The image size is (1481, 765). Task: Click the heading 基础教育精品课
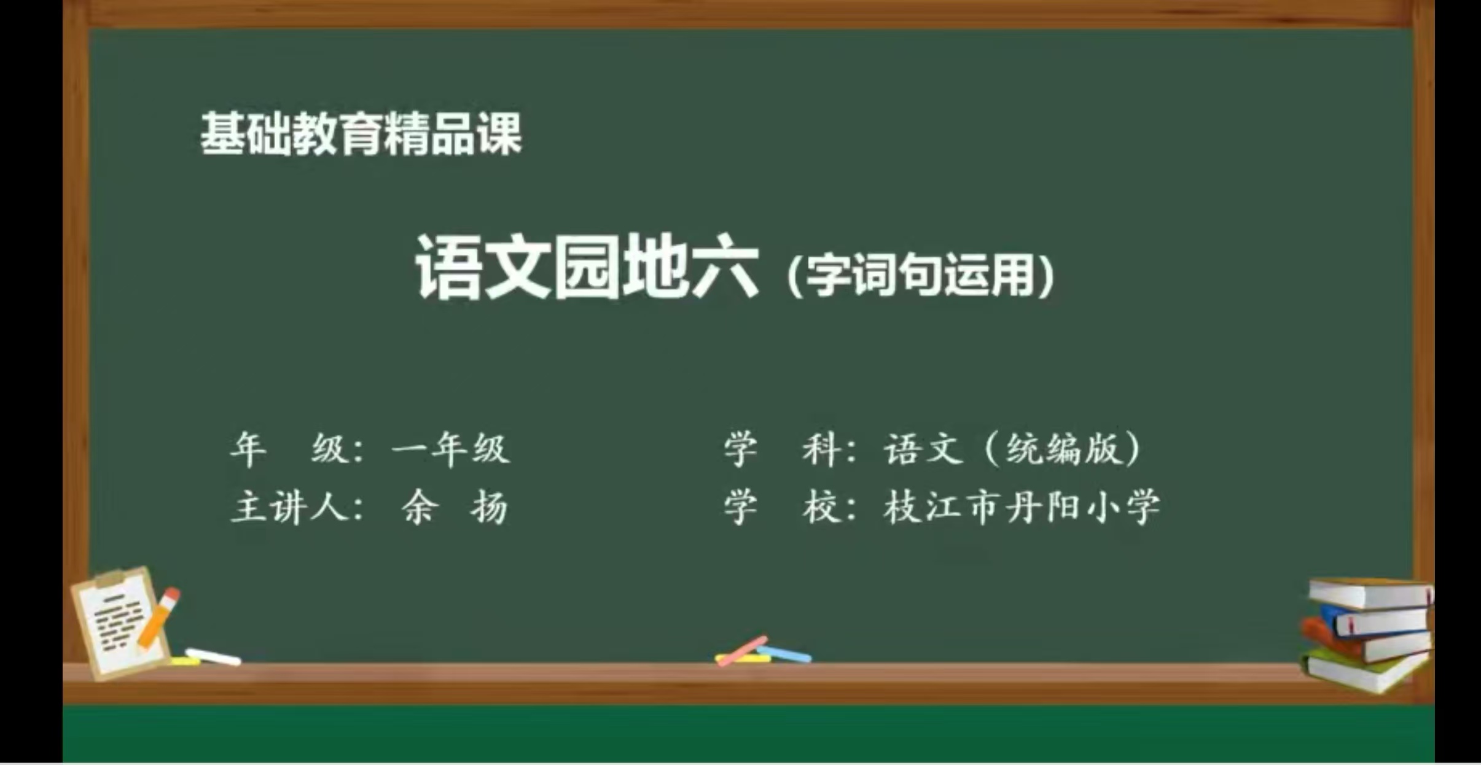point(361,133)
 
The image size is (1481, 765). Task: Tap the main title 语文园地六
point(587,268)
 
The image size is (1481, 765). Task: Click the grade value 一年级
point(450,449)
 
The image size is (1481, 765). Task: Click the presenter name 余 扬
point(455,507)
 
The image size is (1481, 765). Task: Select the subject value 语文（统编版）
point(1012,449)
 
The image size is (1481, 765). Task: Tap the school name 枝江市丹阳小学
point(1022,507)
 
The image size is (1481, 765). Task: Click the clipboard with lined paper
point(120,621)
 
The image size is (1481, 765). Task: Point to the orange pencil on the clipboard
point(158,617)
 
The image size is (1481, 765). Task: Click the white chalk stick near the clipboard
point(213,656)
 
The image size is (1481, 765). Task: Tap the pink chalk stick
point(742,651)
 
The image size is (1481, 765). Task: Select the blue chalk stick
point(784,654)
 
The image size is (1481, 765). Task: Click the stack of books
point(1367,635)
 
